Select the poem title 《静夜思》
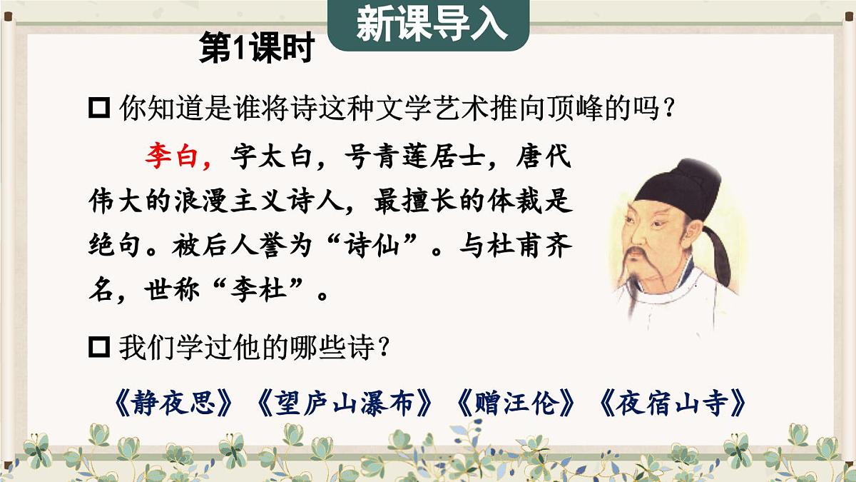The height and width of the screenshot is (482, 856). [x=173, y=404]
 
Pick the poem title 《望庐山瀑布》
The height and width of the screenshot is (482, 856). [x=345, y=404]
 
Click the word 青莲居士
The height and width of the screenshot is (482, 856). [x=419, y=156]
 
